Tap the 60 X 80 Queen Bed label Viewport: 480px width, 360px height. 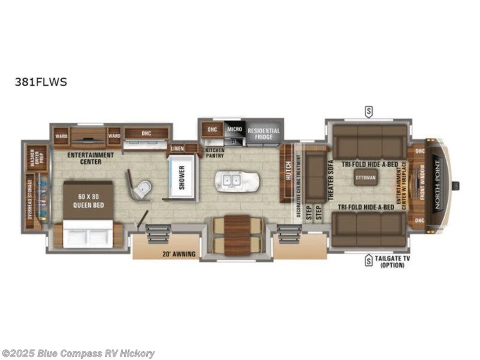[x=88, y=198]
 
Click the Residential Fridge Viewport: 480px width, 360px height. [x=264, y=133]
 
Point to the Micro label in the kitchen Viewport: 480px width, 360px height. [x=234, y=130]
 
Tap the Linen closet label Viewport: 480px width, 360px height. [x=177, y=148]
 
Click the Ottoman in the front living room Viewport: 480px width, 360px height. [x=365, y=177]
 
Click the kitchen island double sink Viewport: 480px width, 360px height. [x=232, y=181]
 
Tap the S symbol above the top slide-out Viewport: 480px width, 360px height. [x=369, y=110]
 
